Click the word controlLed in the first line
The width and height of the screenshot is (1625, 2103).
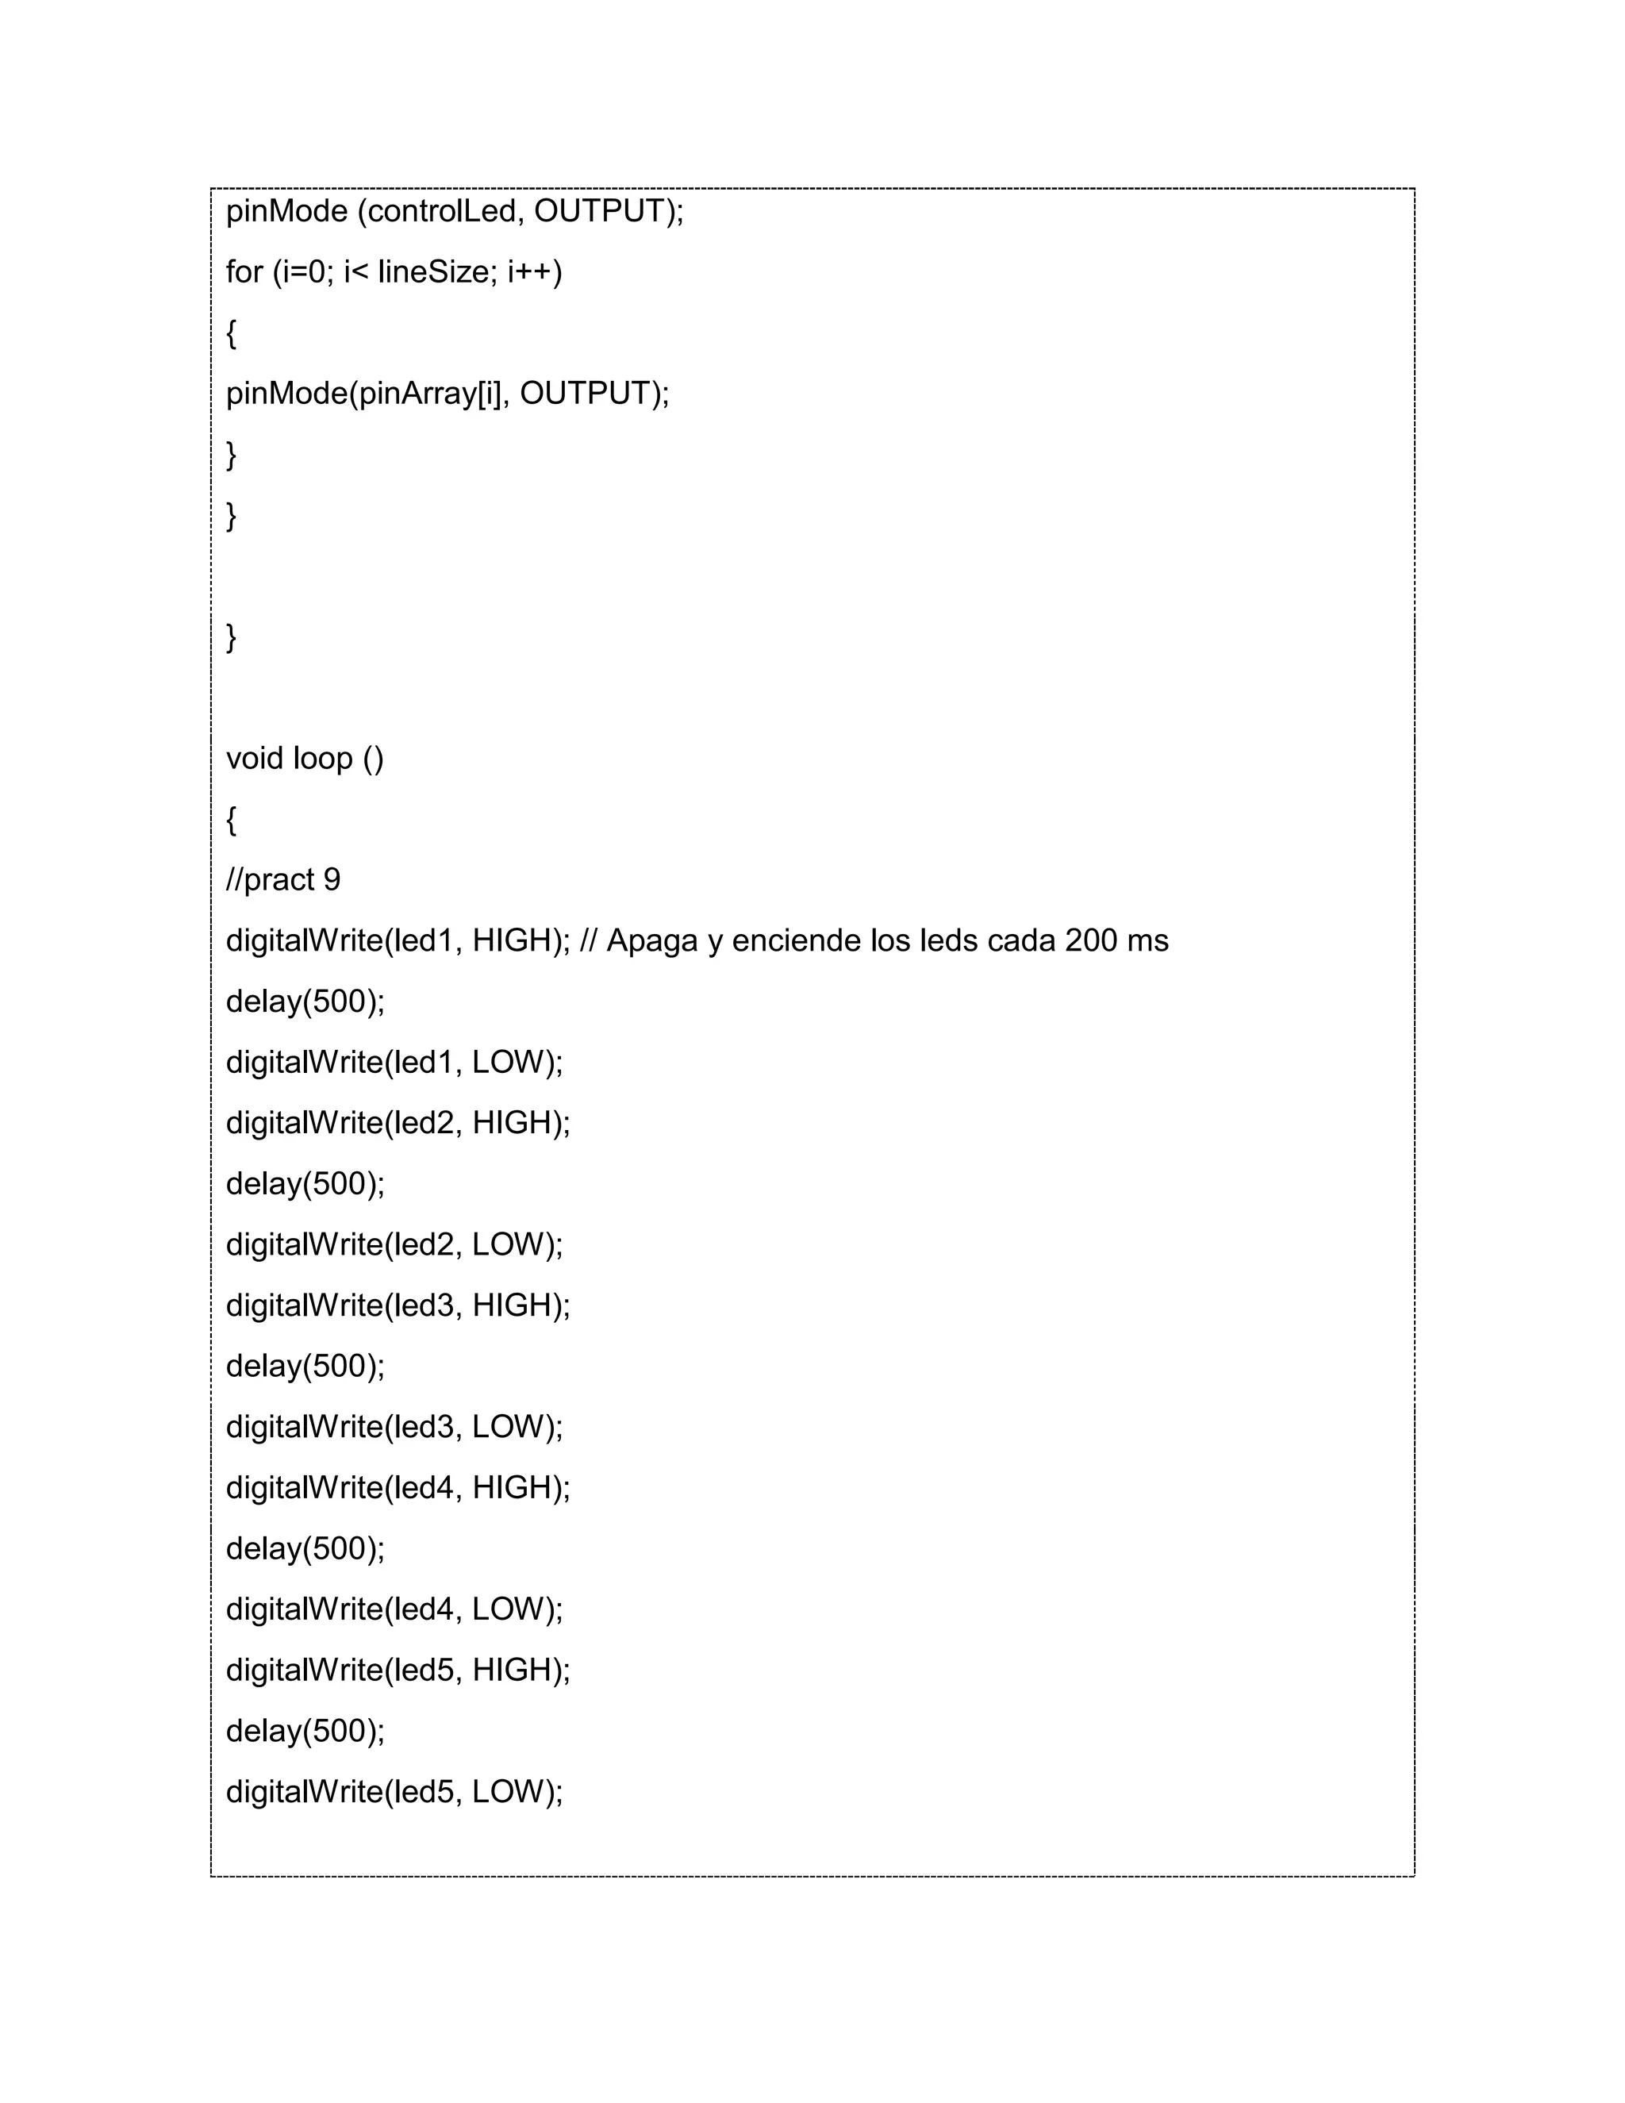coord(441,211)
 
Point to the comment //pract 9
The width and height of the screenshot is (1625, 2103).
coord(283,880)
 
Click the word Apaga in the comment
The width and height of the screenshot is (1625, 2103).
coord(651,940)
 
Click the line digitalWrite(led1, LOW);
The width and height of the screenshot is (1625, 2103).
coord(394,1062)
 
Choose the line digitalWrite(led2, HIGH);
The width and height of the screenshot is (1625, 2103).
coord(398,1123)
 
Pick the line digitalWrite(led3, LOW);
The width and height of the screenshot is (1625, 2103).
coord(394,1427)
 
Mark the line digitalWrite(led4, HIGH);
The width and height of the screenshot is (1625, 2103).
coord(398,1488)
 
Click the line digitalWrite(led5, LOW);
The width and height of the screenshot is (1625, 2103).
coord(394,1792)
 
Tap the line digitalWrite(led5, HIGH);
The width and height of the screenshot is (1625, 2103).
coord(398,1670)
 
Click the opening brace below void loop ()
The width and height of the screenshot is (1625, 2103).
coord(231,821)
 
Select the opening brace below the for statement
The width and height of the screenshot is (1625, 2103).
coord(231,334)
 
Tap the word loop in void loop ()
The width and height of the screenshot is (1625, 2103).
coord(324,759)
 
